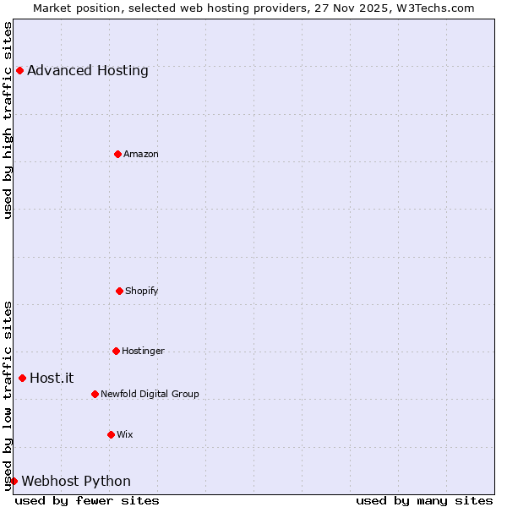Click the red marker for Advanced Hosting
[19, 70]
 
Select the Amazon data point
[117, 154]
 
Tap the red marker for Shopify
[119, 291]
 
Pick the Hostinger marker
[116, 351]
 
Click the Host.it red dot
[22, 378]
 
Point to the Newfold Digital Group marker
[95, 394]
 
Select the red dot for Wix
[111, 434]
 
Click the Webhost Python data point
[14, 481]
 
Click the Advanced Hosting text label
[88, 71]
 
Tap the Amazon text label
[141, 154]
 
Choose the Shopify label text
[142, 291]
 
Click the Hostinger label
[144, 351]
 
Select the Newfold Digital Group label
[150, 394]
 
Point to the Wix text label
[125, 434]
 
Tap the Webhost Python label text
[76, 482]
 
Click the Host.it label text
[52, 379]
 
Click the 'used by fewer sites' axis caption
[87, 500]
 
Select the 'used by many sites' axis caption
[424, 500]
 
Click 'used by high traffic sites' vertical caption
[8, 120]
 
